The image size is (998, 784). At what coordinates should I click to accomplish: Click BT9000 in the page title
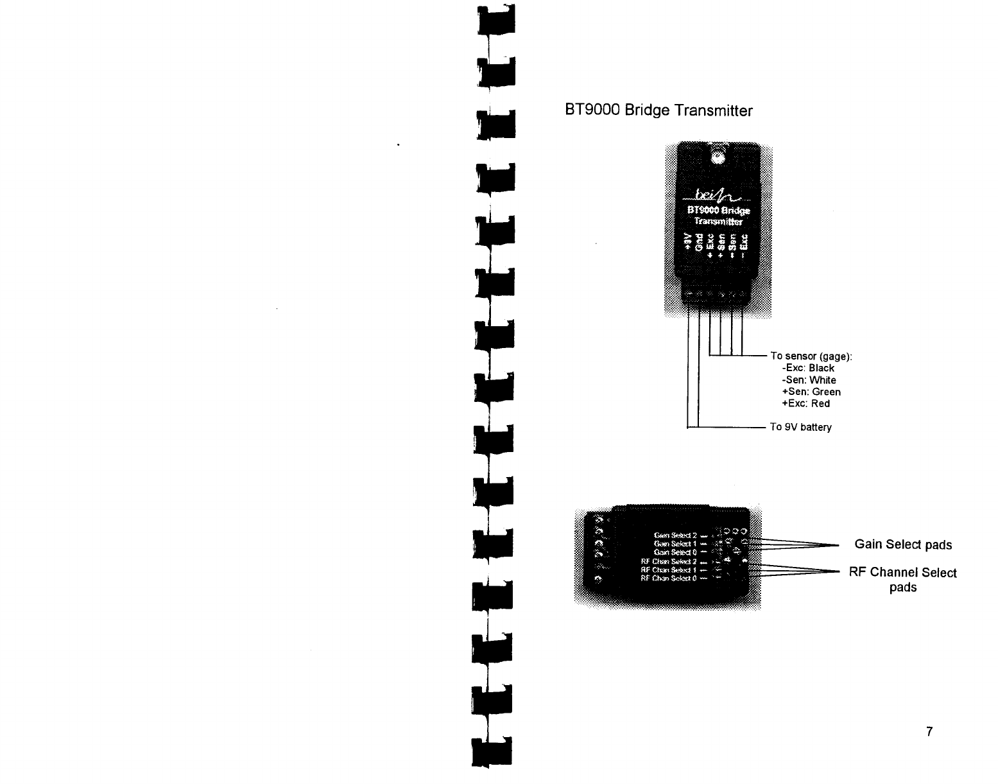585,111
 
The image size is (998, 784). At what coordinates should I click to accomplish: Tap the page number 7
929,731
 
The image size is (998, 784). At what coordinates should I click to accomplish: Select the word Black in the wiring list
822,368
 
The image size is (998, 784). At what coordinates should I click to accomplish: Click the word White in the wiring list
823,380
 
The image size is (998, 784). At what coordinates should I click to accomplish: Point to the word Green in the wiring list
826,392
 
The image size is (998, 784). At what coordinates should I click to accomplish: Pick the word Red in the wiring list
820,403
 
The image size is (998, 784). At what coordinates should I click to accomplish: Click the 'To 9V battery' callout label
800,427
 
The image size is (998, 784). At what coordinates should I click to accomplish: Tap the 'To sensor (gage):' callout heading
811,356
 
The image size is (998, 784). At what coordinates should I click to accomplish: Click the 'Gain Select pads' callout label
903,544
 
